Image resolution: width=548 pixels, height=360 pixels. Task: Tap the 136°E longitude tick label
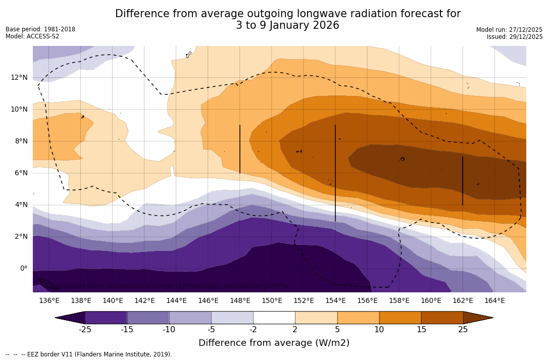click(49, 300)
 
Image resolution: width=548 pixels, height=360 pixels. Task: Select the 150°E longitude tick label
click(272, 300)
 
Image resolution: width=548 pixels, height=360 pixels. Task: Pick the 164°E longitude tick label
click(494, 300)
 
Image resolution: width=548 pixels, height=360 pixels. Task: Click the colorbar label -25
click(85, 330)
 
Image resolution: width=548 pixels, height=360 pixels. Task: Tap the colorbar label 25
click(463, 330)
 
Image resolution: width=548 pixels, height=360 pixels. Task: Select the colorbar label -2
click(253, 330)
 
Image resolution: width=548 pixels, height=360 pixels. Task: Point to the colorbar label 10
click(379, 330)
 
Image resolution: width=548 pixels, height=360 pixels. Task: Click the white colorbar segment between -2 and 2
click(274, 318)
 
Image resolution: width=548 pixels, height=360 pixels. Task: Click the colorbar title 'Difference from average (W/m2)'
click(274, 343)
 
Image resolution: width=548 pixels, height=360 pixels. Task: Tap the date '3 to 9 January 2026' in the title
click(287, 25)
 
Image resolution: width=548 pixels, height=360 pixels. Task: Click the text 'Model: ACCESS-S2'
click(32, 36)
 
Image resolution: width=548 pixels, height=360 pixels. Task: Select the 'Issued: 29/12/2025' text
click(514, 37)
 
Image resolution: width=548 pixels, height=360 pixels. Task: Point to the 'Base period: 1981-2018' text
click(40, 29)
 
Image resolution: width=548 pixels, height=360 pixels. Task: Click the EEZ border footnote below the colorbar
click(88, 354)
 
